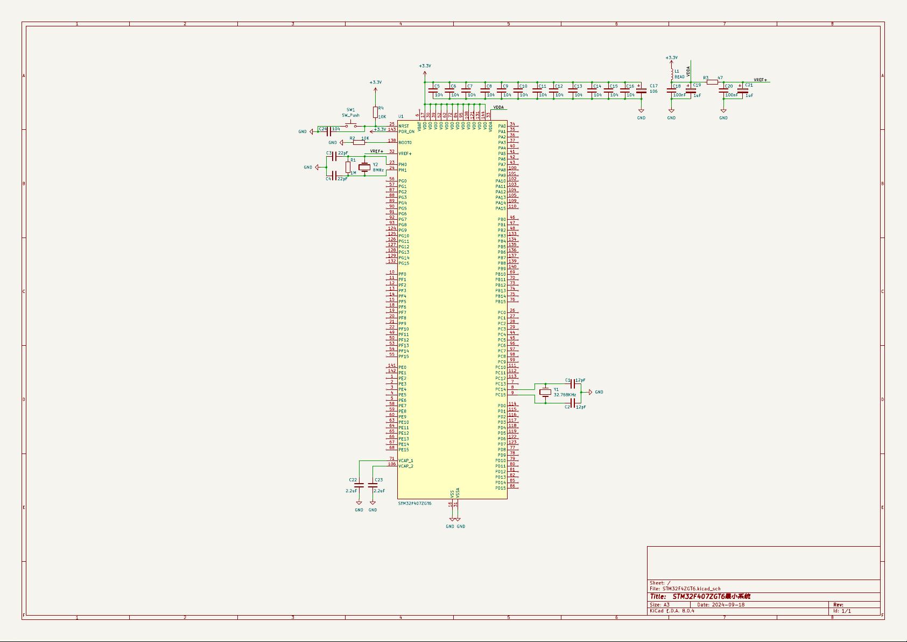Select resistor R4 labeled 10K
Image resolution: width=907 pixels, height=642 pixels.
pos(375,112)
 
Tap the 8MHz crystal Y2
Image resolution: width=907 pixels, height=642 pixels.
pos(364,167)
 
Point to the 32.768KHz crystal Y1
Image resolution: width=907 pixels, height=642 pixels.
pos(545,393)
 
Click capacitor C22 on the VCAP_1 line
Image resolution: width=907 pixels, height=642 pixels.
pos(359,485)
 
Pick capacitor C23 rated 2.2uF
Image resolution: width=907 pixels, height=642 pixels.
pos(372,485)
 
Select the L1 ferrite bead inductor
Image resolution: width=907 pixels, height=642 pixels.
pos(671,74)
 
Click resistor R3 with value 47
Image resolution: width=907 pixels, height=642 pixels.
pos(712,82)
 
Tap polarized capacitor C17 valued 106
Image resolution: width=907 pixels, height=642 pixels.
pos(641,91)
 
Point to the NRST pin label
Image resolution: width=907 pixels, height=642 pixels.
pos(404,126)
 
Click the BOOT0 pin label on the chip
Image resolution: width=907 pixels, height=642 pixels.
pos(405,143)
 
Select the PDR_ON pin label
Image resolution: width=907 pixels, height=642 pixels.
pos(406,131)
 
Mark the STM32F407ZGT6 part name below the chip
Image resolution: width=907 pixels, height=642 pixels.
pos(414,504)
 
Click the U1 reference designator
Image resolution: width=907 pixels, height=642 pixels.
pos(401,116)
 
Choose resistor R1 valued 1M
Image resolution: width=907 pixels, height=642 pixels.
pos(348,167)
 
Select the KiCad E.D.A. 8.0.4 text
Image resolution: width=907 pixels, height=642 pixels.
pos(672,611)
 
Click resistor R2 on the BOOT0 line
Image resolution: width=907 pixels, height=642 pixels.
pos(358,142)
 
